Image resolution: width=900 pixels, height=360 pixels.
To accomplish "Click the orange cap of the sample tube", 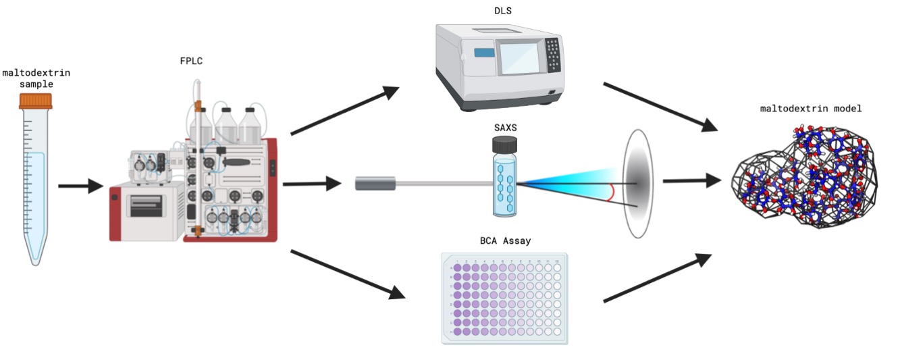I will pos(36,101).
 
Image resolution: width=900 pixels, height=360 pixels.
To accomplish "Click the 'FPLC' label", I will pos(191,61).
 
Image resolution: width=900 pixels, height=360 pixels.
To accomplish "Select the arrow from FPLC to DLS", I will pos(344,110).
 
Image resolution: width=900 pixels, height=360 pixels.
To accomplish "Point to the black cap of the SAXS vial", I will pos(505,144).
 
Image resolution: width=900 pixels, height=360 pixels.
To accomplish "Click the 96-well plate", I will pos(504,298).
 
